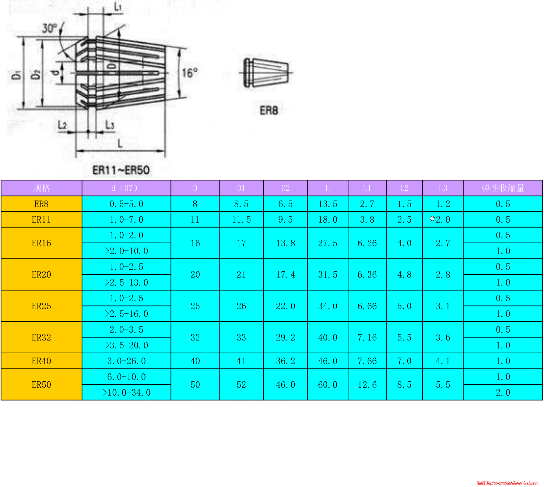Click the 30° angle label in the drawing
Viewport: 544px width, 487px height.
(49, 28)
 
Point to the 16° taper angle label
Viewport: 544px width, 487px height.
(190, 73)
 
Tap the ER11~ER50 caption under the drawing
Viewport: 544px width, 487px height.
(121, 170)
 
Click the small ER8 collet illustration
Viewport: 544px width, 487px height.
(265, 72)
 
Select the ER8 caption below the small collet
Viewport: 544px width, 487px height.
(269, 110)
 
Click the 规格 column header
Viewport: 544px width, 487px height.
(41, 188)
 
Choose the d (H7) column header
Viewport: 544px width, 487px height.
(126, 188)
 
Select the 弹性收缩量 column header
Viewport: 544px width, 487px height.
(503, 188)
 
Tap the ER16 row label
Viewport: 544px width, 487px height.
(41, 243)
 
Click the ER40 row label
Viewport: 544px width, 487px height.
(41, 361)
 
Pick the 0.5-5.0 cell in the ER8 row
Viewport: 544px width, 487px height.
(126, 204)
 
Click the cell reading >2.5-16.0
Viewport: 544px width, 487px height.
(126, 314)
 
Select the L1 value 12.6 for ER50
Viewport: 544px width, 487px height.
(367, 385)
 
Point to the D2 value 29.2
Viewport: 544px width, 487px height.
(286, 337)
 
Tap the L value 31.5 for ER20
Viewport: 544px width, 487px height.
(328, 274)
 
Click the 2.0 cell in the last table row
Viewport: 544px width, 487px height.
(503, 392)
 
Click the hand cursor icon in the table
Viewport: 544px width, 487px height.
(432, 218)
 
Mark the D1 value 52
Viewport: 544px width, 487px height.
(241, 385)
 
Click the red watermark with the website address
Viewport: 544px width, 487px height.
(507, 483)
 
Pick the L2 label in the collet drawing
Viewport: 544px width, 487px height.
(62, 125)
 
